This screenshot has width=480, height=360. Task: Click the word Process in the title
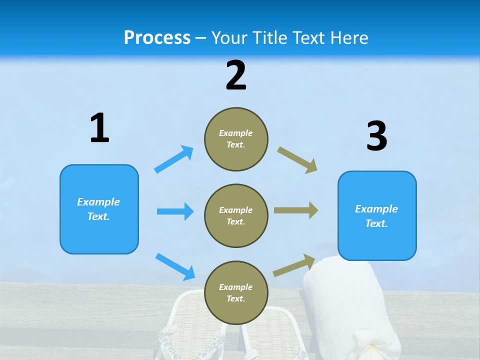click(x=157, y=38)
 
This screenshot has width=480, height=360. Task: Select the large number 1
click(x=99, y=128)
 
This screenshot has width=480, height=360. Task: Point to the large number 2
click(x=236, y=75)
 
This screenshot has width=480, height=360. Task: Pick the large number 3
click(x=376, y=136)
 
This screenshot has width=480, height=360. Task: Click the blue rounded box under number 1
click(x=99, y=209)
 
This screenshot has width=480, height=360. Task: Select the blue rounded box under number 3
click(x=377, y=215)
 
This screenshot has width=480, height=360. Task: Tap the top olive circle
click(x=236, y=139)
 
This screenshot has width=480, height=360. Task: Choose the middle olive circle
click(x=236, y=215)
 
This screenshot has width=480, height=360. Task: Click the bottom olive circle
click(x=236, y=292)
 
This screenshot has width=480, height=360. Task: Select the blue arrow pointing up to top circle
click(x=174, y=159)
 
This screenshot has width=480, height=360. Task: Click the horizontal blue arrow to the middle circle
click(x=175, y=211)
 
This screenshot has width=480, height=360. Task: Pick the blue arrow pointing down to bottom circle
click(x=175, y=266)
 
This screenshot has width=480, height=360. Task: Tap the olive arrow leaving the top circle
click(x=297, y=159)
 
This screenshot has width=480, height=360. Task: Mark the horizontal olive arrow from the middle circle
click(x=296, y=210)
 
